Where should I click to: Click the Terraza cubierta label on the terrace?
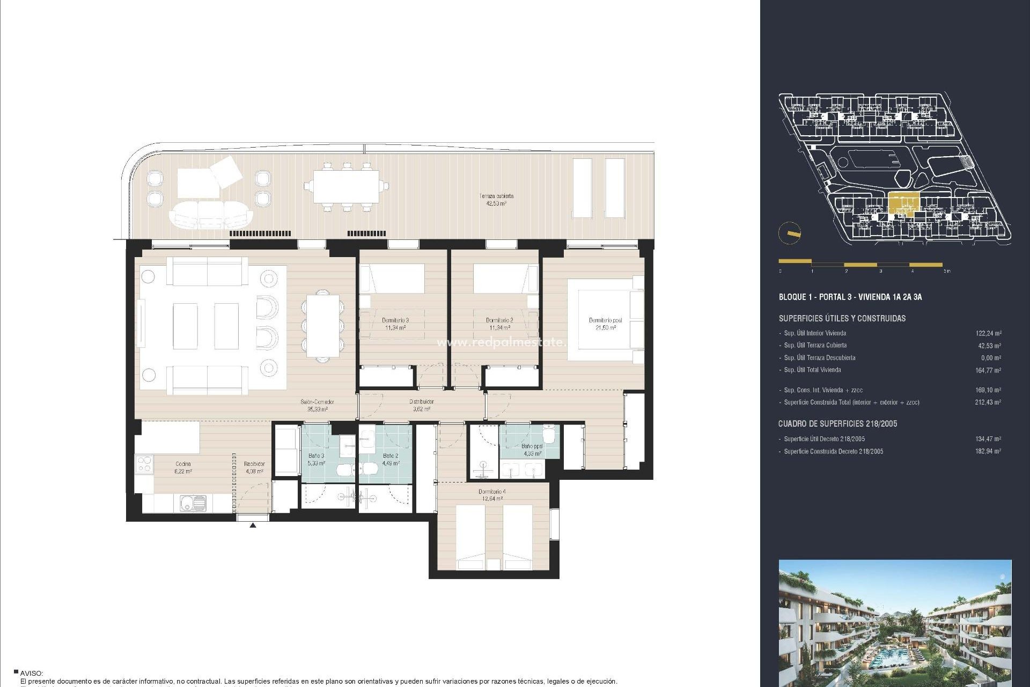(x=496, y=200)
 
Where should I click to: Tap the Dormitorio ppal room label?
(x=605, y=324)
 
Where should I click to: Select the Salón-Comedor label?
(x=317, y=405)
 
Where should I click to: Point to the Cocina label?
(x=183, y=467)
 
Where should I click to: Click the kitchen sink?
(x=193, y=503)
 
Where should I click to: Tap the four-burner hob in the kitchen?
(x=144, y=464)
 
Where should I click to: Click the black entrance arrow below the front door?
(x=253, y=525)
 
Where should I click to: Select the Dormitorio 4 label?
(x=492, y=495)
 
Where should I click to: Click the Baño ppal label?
(x=532, y=449)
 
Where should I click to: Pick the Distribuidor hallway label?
(x=421, y=405)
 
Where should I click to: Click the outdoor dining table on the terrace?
(x=346, y=187)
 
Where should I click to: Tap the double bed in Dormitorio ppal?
(x=604, y=320)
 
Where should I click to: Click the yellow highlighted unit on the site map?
(x=903, y=204)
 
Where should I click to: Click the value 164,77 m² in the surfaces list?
(x=988, y=370)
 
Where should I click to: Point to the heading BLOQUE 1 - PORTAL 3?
(x=850, y=297)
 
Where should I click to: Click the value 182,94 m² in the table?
(x=988, y=451)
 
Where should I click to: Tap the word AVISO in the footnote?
(x=31, y=673)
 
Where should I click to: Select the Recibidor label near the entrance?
(x=254, y=467)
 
